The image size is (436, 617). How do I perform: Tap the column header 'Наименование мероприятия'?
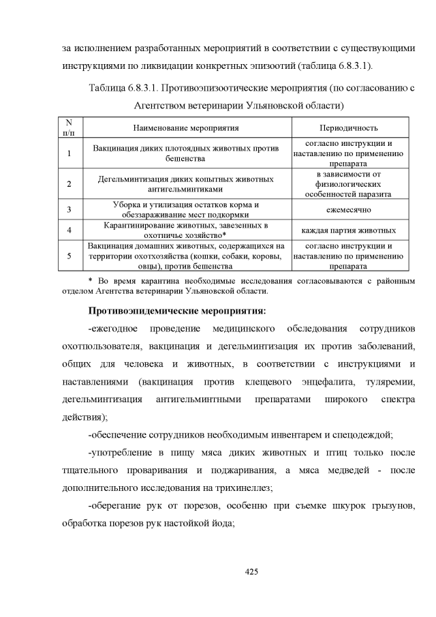[x=186, y=127]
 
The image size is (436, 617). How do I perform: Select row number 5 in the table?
[x=69, y=256]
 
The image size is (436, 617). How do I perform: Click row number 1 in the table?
[x=69, y=153]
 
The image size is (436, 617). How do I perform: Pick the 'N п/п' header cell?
[x=69, y=127]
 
